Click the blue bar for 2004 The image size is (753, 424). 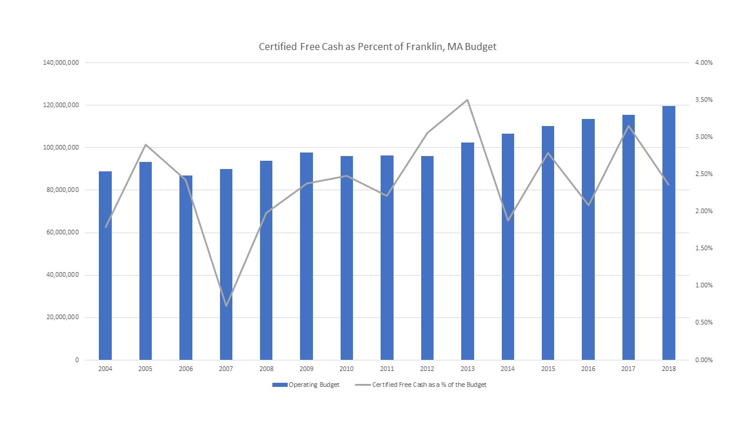[105, 265]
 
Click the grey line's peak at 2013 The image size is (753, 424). [467, 100]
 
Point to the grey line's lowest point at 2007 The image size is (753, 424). [226, 306]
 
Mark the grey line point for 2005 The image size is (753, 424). [145, 145]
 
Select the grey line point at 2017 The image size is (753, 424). [628, 126]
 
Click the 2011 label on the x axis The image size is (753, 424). [387, 369]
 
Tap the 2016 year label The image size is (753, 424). [588, 369]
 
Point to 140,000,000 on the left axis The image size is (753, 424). [61, 62]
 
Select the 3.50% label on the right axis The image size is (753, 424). [703, 100]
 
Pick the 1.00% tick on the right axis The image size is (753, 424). [703, 285]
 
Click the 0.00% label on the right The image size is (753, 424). [703, 360]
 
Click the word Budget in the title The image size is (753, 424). [481, 47]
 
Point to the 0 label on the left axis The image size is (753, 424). [76, 360]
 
